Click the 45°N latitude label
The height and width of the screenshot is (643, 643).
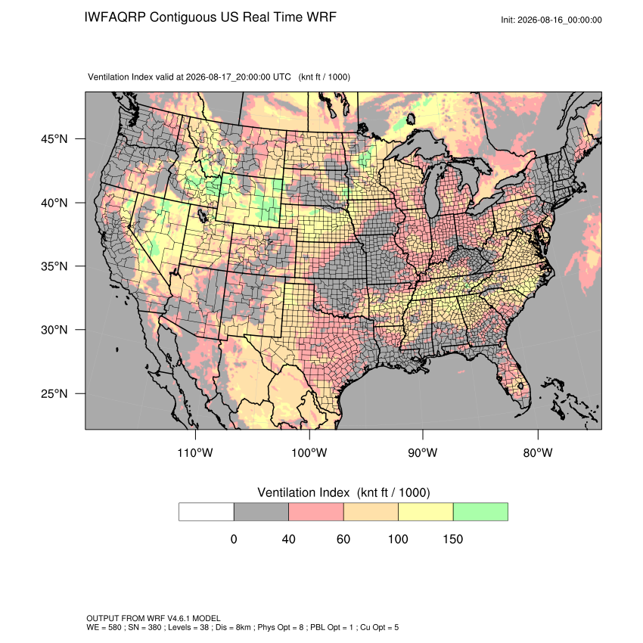click(x=54, y=139)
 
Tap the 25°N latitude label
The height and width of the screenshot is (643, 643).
click(x=54, y=393)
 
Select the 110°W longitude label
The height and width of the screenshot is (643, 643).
click(x=195, y=452)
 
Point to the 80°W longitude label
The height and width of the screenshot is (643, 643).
click(x=538, y=452)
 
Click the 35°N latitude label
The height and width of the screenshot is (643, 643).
click(x=54, y=266)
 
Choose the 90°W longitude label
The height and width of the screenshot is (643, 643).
click(x=422, y=452)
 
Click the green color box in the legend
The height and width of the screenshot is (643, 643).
click(x=480, y=512)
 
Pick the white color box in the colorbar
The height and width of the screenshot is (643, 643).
click(x=207, y=512)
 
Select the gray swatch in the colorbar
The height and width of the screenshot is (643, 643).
click(x=261, y=512)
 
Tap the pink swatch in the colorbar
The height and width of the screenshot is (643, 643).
click(x=316, y=512)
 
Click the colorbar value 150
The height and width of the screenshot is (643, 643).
click(x=452, y=539)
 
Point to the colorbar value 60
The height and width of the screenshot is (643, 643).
click(x=343, y=539)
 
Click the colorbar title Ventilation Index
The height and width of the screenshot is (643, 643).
click(x=303, y=492)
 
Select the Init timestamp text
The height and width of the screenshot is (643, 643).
click(x=551, y=20)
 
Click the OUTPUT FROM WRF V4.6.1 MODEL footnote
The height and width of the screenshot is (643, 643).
click(x=154, y=618)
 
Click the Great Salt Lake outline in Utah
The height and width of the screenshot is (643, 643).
click(x=202, y=215)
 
